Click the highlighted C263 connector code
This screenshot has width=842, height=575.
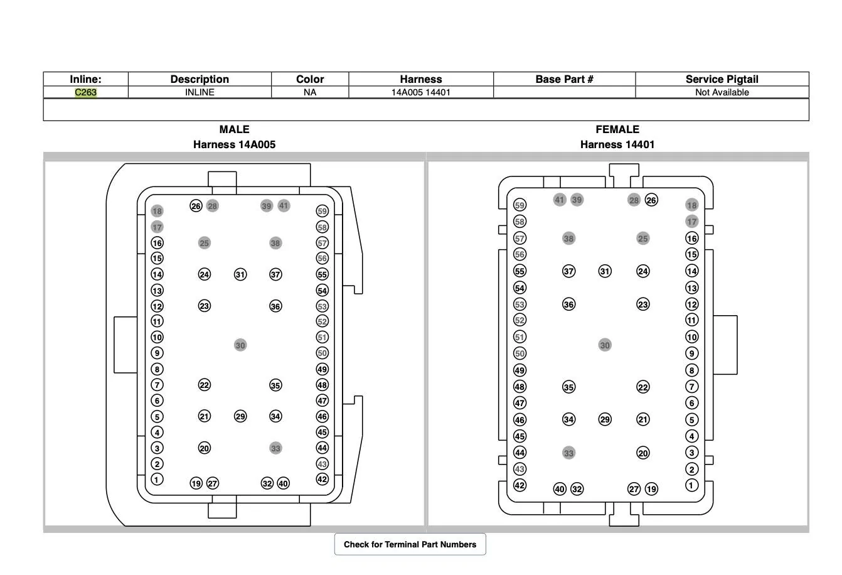point(86,92)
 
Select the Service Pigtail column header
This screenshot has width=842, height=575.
point(722,79)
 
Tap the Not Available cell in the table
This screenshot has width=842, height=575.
point(722,92)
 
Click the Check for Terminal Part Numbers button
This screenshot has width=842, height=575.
point(410,544)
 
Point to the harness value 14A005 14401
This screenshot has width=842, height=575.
point(420,92)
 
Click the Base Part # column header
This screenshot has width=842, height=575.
point(564,79)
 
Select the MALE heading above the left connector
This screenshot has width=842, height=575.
point(234,129)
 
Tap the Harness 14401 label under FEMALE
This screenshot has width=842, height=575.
point(617,144)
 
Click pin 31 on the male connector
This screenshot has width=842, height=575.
point(240,274)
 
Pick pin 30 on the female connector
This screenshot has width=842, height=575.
point(605,345)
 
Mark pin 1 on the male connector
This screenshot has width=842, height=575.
point(157,479)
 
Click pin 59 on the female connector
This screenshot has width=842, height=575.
point(520,205)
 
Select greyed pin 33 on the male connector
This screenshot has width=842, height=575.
point(275,448)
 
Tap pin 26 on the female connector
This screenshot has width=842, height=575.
point(651,200)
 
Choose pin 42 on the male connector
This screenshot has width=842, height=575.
point(322,479)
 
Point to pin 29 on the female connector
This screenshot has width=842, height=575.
point(605,419)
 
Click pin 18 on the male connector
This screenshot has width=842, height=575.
point(157,211)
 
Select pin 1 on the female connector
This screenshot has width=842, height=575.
point(691,485)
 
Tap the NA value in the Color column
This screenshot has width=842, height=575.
point(310,92)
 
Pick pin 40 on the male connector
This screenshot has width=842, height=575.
point(283,483)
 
